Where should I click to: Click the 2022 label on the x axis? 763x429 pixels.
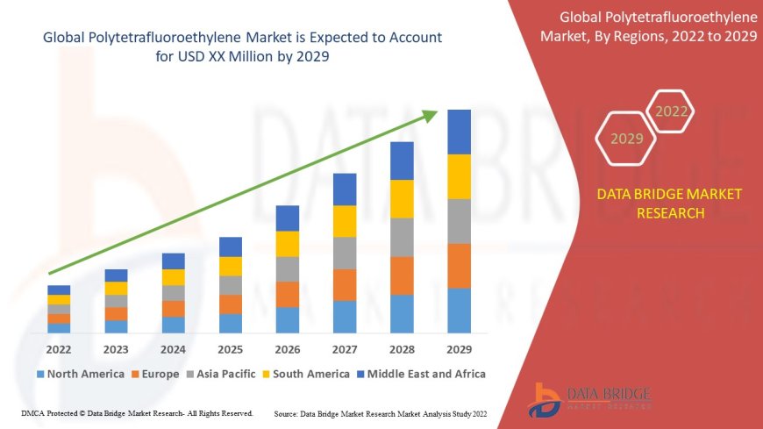tap(59, 349)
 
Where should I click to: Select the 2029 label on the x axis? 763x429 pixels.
tap(459, 349)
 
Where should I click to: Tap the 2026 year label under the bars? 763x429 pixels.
tap(288, 349)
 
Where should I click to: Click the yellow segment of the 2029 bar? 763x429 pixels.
tap(459, 176)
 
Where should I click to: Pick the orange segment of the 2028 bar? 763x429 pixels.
tap(402, 275)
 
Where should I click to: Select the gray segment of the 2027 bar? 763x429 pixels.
tap(345, 253)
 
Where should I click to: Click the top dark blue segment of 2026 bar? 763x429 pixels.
tap(288, 218)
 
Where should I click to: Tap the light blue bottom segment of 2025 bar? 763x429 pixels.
tap(231, 323)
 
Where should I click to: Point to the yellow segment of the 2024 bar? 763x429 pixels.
tap(174, 277)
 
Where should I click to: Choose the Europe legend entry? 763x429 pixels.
tap(158, 374)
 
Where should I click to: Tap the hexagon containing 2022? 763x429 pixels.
tap(672, 111)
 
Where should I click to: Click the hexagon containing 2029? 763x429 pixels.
tap(626, 139)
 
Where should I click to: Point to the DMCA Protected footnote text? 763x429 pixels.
tap(136, 413)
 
